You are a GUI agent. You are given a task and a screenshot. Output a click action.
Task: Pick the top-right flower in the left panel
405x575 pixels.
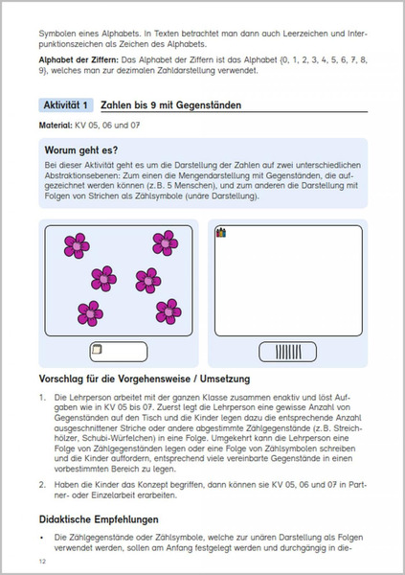(165, 241)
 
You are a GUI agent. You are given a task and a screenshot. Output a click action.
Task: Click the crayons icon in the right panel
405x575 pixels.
(222, 233)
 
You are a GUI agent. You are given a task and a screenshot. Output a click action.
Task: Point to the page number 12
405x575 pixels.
(42, 561)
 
